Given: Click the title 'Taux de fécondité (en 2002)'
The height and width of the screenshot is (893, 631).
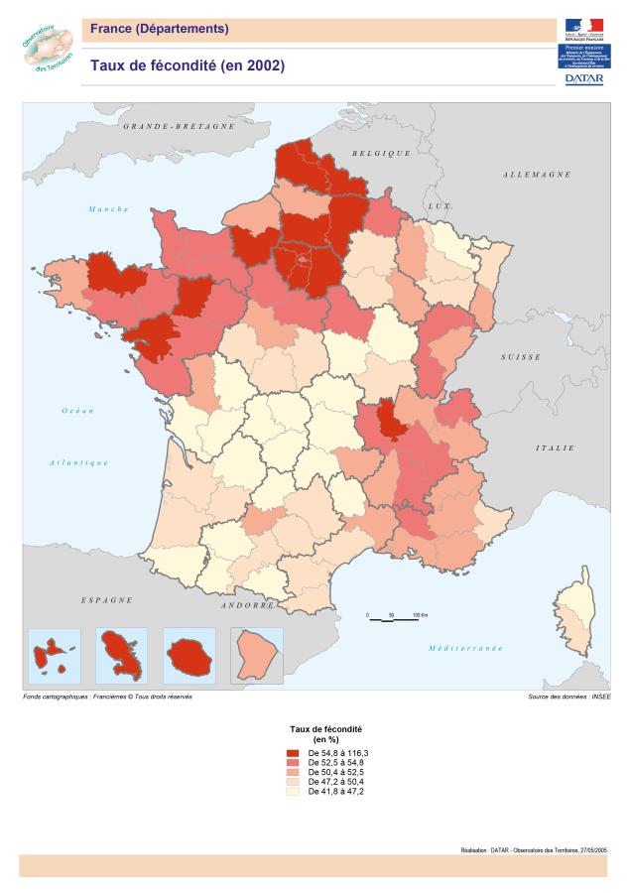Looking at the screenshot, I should click(188, 66).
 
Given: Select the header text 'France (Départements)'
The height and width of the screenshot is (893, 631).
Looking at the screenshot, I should click(159, 29).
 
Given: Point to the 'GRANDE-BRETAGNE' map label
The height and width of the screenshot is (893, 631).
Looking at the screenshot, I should click(179, 127).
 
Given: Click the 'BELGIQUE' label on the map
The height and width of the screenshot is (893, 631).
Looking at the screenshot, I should click(381, 153).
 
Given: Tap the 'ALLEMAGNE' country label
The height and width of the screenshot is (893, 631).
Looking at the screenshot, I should click(537, 175).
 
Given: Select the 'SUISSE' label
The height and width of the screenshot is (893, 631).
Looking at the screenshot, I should click(521, 356).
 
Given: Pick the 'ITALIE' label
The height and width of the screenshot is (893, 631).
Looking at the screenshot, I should click(555, 447).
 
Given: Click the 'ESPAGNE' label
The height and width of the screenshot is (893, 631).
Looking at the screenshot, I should click(106, 600).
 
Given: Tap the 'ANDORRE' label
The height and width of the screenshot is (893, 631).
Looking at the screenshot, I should click(248, 605).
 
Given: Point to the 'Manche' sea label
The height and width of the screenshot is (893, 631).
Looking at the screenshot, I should click(108, 209).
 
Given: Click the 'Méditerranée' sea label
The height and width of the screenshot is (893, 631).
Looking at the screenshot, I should click(465, 648).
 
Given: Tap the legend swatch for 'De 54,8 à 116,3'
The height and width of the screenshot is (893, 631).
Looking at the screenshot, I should click(293, 754).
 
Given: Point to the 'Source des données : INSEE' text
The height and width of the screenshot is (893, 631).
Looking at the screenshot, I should click(569, 698).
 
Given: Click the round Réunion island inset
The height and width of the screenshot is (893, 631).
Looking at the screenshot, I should click(189, 655).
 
